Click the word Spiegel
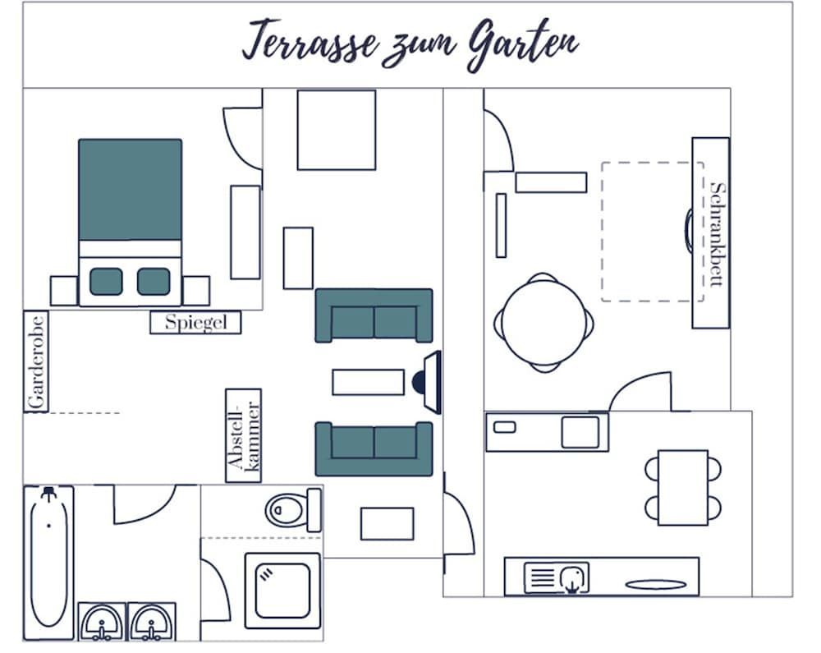(196, 322)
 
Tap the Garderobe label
(36, 362)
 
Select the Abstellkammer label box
(244, 435)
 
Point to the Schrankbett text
(718, 234)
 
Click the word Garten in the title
(523, 44)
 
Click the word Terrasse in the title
(311, 41)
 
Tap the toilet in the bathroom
(293, 509)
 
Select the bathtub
(48, 562)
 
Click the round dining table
(544, 322)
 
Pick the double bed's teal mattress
(130, 190)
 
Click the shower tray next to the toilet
(282, 591)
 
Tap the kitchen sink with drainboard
(557, 578)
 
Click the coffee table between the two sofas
(368, 382)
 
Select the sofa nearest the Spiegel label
(374, 315)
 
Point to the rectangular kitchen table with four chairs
(683, 487)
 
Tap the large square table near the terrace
(337, 130)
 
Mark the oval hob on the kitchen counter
(655, 585)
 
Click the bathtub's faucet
(48, 494)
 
